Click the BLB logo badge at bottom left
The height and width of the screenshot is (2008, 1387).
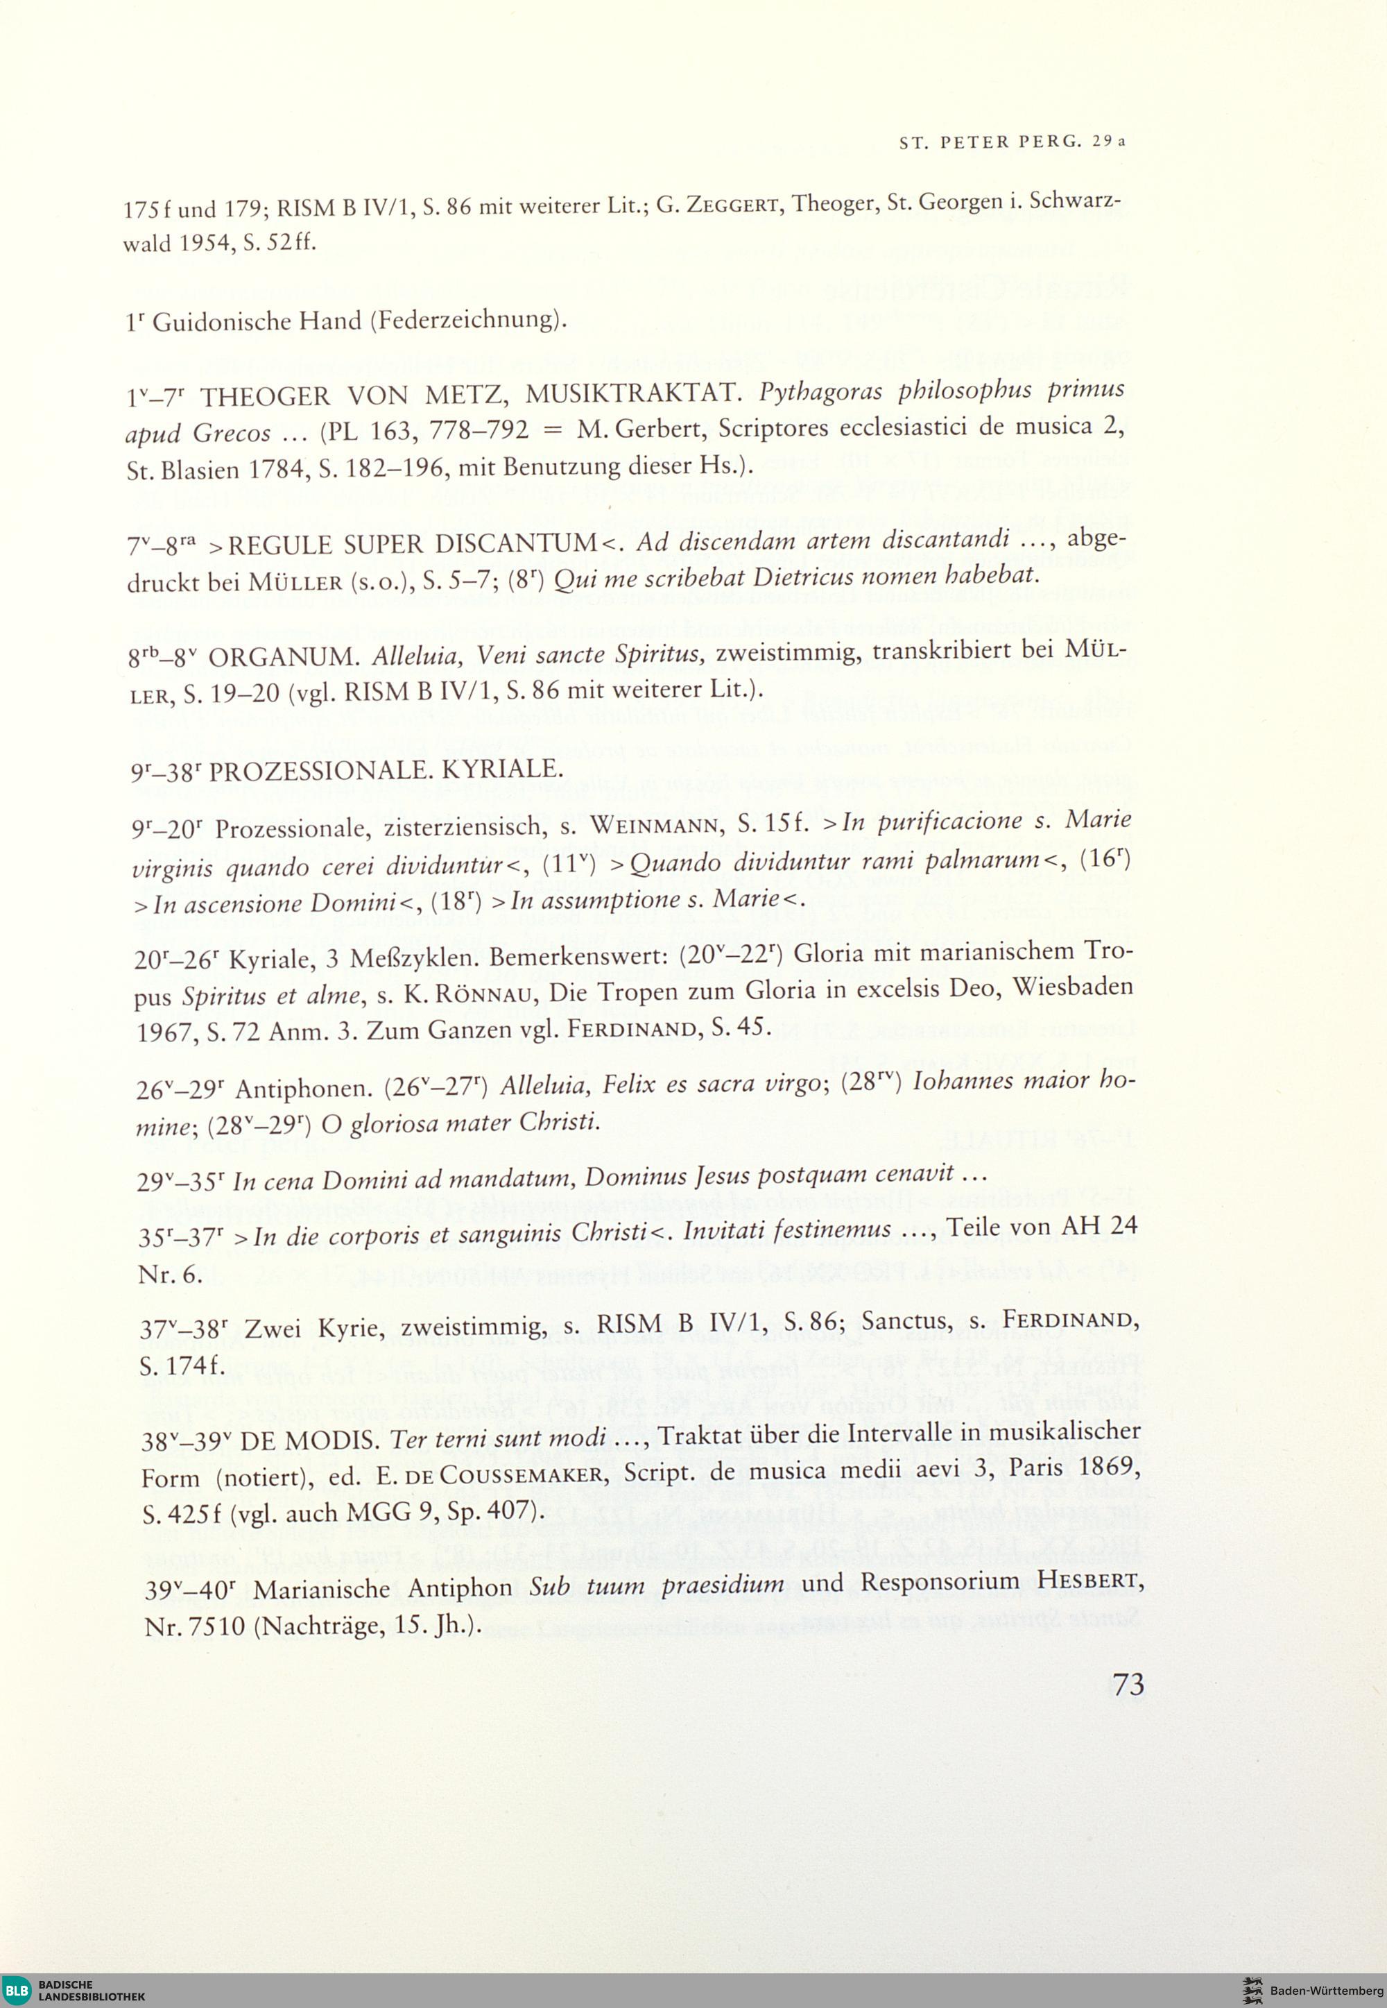tap(17, 1986)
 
